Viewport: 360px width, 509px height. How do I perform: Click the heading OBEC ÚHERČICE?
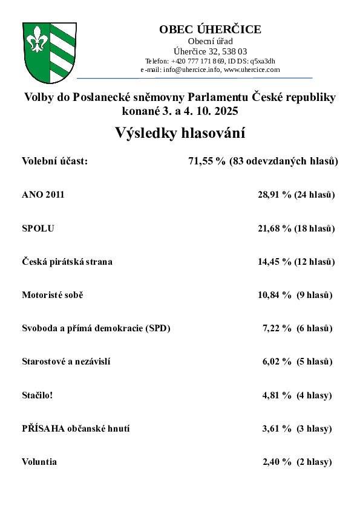(210, 30)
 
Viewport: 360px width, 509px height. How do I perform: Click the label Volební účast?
(54, 161)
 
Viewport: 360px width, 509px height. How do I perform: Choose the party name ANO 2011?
(43, 195)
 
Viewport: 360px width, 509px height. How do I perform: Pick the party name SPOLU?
(38, 229)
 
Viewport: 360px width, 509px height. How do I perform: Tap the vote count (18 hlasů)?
(315, 229)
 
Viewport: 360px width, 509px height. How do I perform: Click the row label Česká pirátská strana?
(67, 262)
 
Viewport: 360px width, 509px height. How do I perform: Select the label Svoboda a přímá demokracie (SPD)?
(96, 328)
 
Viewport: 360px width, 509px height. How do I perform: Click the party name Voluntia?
(39, 462)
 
